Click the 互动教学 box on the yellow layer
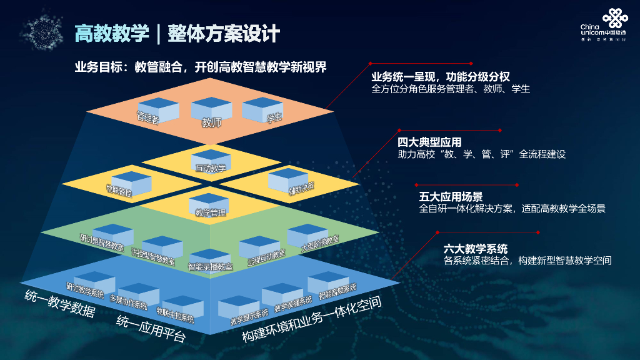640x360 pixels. point(211,161)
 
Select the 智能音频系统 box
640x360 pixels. point(329,284)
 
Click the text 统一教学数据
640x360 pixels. point(59,302)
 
